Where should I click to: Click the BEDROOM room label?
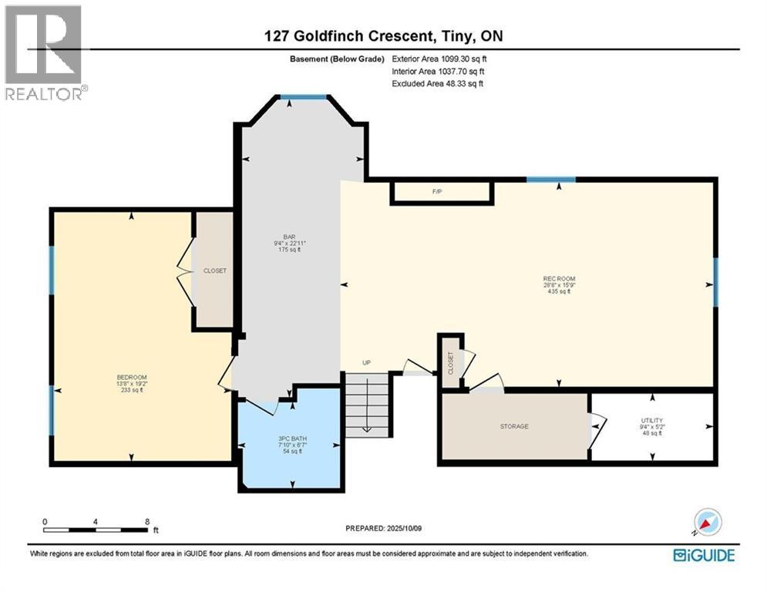[127, 377]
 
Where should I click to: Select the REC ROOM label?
[559, 279]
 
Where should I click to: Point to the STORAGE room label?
[514, 426]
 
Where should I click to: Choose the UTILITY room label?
[651, 421]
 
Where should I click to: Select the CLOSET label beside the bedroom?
[214, 271]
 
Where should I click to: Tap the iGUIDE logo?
[703, 555]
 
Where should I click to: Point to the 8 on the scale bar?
[146, 521]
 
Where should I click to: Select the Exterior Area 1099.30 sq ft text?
[439, 57]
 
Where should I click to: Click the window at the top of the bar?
[303, 97]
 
